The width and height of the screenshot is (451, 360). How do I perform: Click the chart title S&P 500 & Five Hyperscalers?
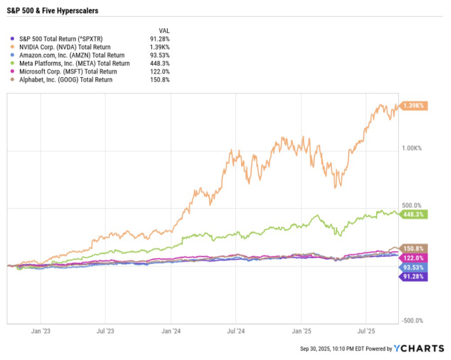[52, 11]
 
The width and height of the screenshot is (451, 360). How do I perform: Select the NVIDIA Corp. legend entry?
[65, 47]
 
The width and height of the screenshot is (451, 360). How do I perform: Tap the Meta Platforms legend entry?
[74, 63]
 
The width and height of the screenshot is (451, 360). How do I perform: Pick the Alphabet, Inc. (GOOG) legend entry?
[66, 79]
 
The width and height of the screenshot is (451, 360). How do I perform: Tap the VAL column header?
[164, 31]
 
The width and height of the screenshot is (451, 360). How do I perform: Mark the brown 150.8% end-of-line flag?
[414, 249]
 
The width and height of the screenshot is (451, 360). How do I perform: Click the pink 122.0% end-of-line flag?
[414, 258]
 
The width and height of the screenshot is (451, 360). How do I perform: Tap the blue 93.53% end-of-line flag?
[414, 267]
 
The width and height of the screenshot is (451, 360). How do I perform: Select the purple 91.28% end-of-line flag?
[414, 276]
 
